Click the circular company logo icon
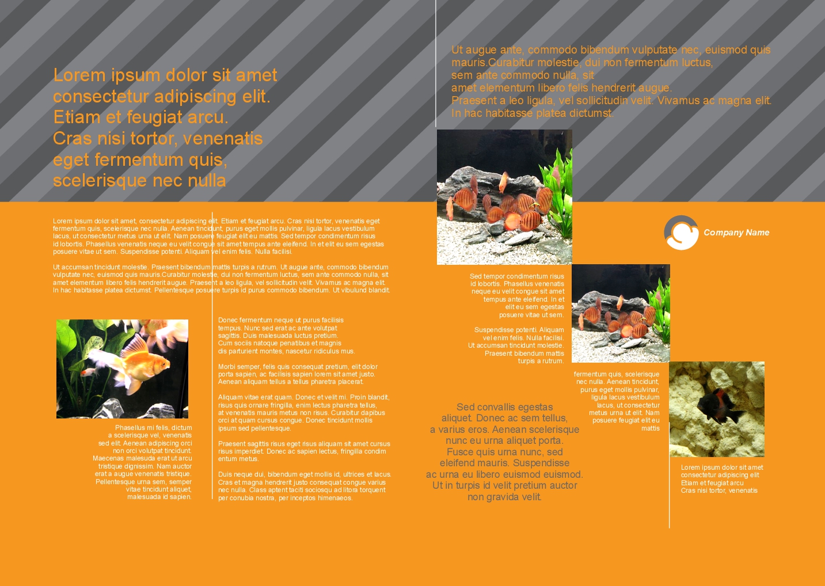(x=681, y=233)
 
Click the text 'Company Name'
(x=736, y=233)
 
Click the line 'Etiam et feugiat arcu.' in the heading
(x=140, y=117)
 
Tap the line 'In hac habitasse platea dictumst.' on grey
(x=533, y=113)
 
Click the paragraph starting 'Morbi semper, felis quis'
(x=298, y=374)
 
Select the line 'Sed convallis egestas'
(x=504, y=407)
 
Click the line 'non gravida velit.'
(x=504, y=497)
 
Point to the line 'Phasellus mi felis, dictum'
(x=154, y=428)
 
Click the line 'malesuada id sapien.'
(x=159, y=497)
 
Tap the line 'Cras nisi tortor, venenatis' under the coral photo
(x=719, y=490)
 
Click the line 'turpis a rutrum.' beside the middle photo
(x=541, y=361)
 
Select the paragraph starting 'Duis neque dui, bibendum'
(x=305, y=486)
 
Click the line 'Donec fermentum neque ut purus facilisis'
(x=280, y=320)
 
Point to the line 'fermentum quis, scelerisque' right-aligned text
(x=617, y=374)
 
